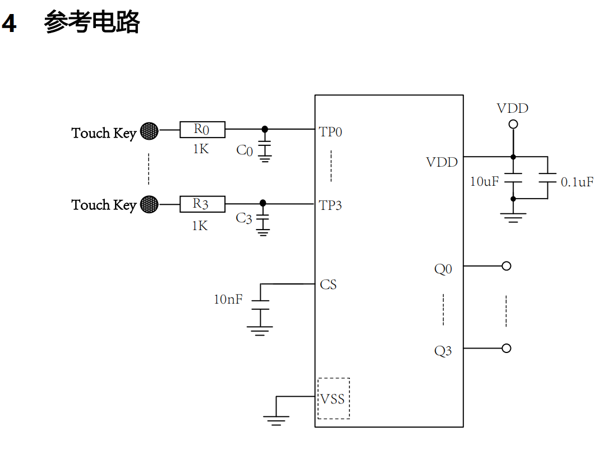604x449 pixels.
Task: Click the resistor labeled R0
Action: (202, 130)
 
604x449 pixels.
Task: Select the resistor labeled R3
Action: (202, 204)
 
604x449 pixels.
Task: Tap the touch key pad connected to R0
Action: (149, 131)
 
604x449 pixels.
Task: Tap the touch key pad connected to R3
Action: (149, 204)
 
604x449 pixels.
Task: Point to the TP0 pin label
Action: (330, 132)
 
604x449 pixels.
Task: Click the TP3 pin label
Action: (330, 205)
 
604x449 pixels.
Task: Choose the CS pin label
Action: (328, 285)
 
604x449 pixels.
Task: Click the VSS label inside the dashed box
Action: (333, 399)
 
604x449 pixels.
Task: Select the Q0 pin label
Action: (443, 269)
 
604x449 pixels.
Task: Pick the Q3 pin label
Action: (443, 351)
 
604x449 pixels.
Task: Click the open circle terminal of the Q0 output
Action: (506, 266)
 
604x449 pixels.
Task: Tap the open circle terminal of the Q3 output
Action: (506, 348)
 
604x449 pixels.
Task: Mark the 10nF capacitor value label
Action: (228, 299)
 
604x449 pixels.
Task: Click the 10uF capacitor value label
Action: (484, 181)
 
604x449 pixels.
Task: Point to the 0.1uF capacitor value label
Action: (577, 182)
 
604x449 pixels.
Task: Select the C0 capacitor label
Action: (245, 150)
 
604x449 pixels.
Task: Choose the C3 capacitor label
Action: (244, 218)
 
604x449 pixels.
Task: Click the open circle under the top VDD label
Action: (513, 124)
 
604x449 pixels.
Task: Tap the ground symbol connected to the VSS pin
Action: (276, 419)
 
